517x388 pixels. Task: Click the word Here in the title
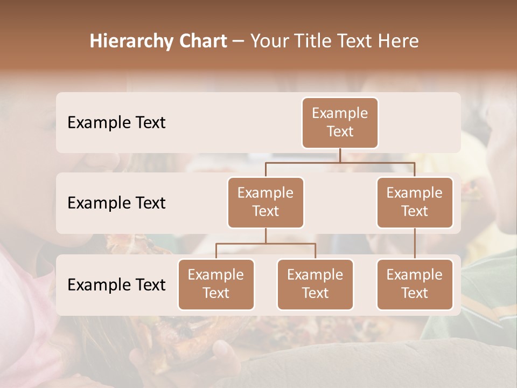tap(399, 41)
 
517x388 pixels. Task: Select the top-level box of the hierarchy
tap(340, 123)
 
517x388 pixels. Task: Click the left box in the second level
tap(266, 203)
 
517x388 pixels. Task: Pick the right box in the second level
tap(415, 203)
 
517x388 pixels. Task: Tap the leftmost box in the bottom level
tap(216, 285)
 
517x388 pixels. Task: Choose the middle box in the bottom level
tap(315, 285)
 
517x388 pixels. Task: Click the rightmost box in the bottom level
tap(415, 285)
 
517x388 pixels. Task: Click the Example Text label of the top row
tap(116, 123)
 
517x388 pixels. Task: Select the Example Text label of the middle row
tap(116, 203)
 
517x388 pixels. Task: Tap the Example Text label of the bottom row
tap(116, 285)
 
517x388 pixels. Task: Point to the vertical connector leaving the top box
tap(340, 155)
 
